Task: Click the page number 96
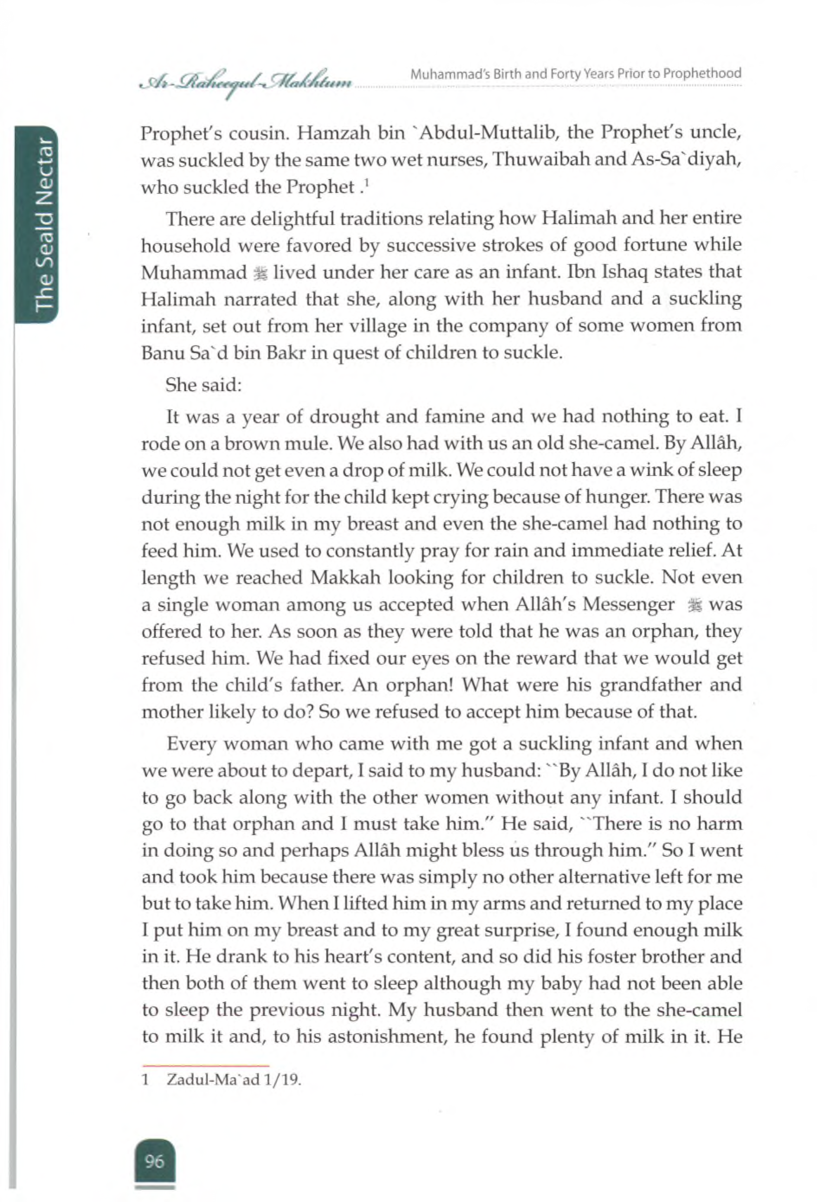point(155,1161)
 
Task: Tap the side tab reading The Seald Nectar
point(42,225)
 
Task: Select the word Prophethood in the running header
point(702,74)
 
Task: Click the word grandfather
point(651,686)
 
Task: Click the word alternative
point(580,877)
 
